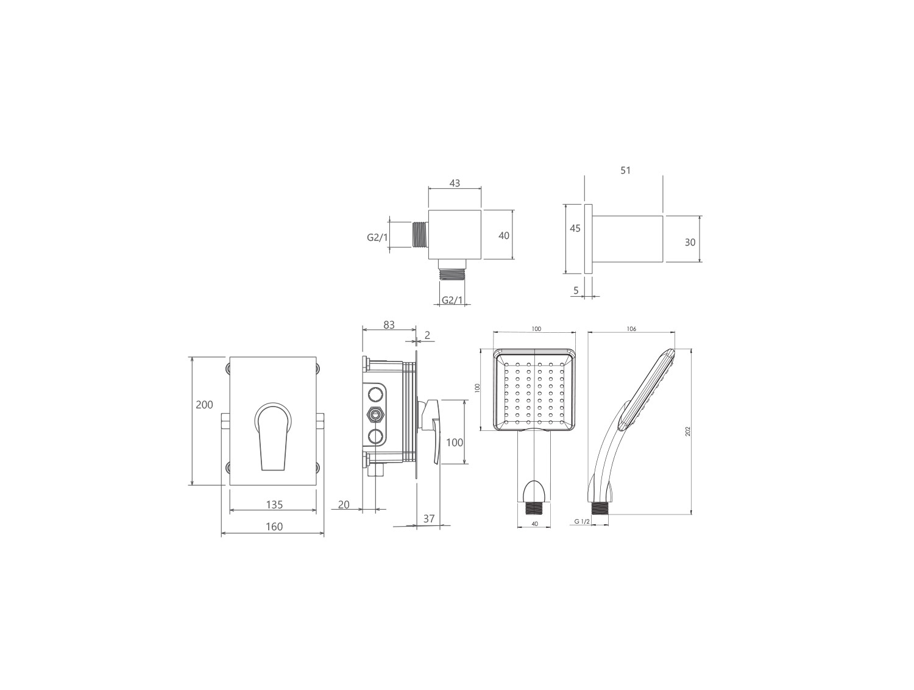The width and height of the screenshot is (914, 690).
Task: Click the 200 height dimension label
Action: click(204, 404)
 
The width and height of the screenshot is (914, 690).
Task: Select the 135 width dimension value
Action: click(274, 505)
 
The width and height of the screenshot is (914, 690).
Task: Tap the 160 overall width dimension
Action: click(274, 527)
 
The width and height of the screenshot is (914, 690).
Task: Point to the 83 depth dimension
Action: click(389, 325)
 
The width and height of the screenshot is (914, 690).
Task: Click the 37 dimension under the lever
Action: click(429, 519)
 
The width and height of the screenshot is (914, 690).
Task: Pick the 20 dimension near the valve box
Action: click(344, 505)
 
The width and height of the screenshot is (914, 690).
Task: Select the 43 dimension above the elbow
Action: click(455, 183)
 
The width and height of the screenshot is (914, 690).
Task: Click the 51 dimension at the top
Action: click(625, 170)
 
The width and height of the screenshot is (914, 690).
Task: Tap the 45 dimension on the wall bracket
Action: click(575, 228)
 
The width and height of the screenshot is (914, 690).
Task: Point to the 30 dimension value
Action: click(690, 243)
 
